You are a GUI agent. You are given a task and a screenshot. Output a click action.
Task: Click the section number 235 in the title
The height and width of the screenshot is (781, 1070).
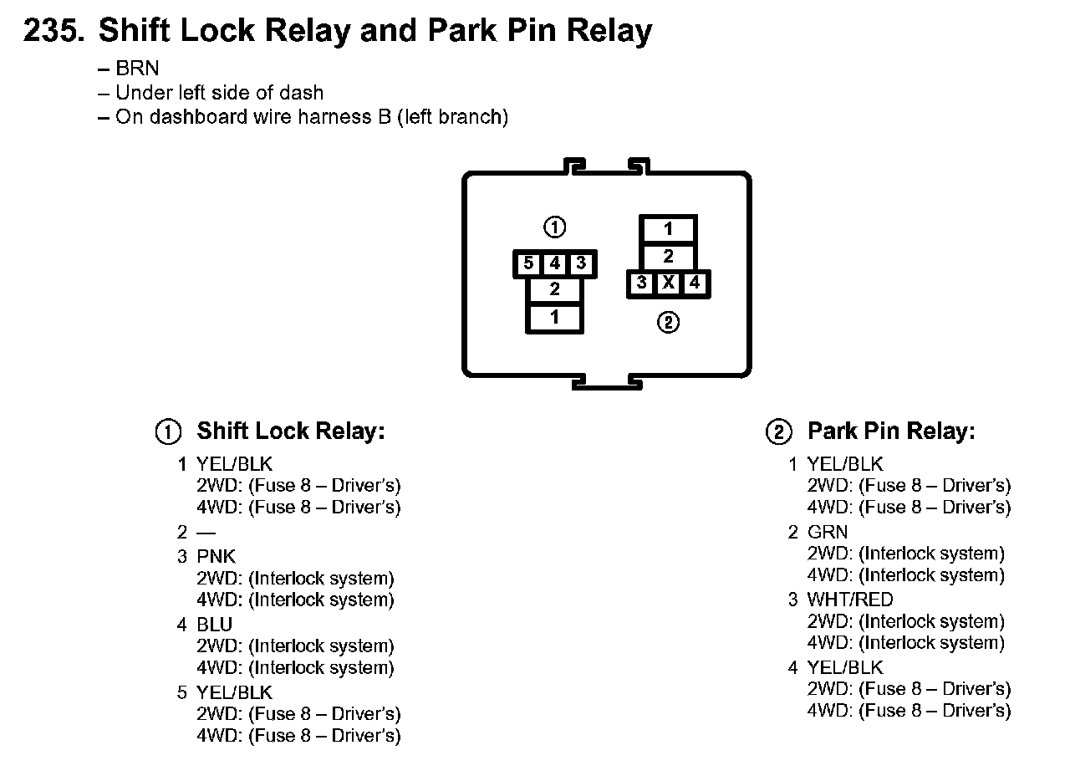pyautogui.click(x=54, y=30)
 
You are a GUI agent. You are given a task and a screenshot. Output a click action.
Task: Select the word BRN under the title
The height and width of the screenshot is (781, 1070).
pyautogui.click(x=137, y=69)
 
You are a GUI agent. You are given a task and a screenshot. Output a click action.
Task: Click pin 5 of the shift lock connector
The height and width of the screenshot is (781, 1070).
pyautogui.click(x=527, y=263)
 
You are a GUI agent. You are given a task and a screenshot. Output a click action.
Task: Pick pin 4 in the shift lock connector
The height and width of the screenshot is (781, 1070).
pyautogui.click(x=554, y=263)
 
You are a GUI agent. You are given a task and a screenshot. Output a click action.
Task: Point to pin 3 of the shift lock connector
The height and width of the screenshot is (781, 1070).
pyautogui.click(x=580, y=263)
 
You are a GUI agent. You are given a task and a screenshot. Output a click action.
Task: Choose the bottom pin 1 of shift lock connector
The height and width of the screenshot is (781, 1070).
pyautogui.click(x=554, y=318)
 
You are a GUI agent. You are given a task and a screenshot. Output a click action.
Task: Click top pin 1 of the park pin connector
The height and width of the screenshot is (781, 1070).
pyautogui.click(x=668, y=229)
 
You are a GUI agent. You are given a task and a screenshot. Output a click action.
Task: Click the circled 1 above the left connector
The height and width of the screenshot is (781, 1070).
pyautogui.click(x=554, y=227)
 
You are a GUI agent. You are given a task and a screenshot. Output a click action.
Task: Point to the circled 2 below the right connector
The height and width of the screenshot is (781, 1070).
pyautogui.click(x=668, y=323)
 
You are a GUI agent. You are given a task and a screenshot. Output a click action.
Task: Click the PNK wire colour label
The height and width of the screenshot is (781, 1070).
pyautogui.click(x=216, y=557)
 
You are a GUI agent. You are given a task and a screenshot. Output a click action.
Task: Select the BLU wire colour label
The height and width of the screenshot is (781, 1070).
pyautogui.click(x=215, y=625)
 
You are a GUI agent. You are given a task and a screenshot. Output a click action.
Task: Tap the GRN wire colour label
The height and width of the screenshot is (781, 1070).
pyautogui.click(x=828, y=532)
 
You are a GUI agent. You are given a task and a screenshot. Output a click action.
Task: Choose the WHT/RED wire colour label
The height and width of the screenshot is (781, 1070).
pyautogui.click(x=850, y=600)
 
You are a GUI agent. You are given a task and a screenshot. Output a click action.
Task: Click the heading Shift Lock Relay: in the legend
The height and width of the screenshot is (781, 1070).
pyautogui.click(x=291, y=431)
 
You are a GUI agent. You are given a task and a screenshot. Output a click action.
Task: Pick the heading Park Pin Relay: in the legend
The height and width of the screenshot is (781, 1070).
pyautogui.click(x=891, y=431)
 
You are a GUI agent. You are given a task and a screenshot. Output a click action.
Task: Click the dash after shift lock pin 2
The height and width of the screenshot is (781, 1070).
pyautogui.click(x=206, y=533)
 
